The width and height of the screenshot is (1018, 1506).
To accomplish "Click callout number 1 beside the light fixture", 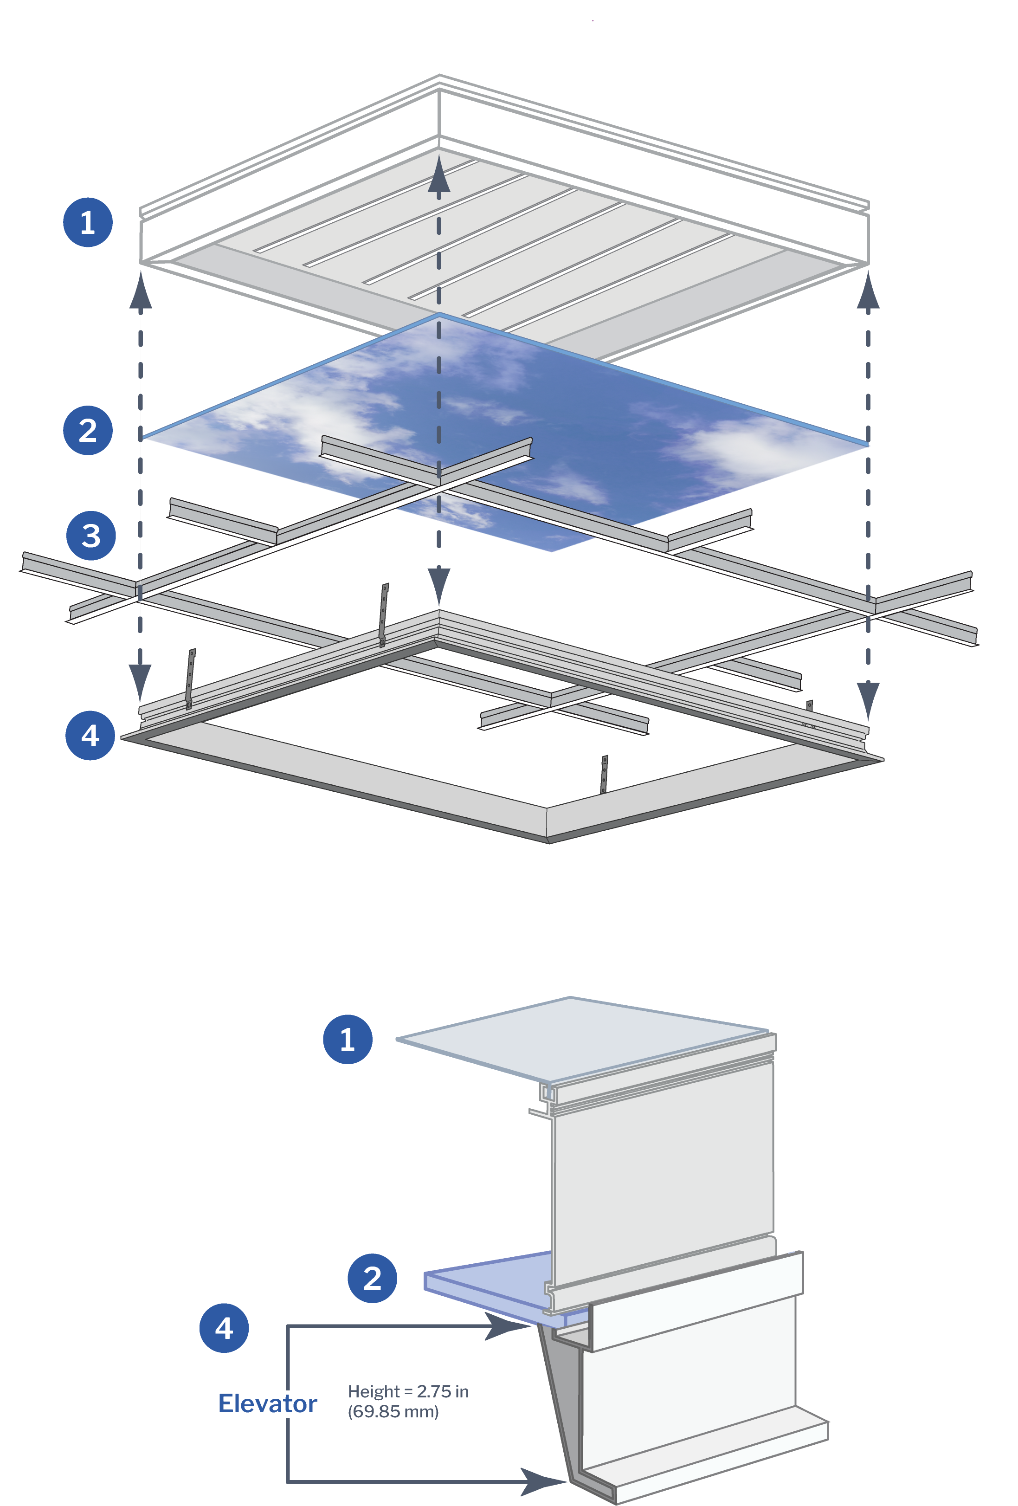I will point(88,222).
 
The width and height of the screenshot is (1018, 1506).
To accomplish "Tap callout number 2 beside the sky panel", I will point(88,430).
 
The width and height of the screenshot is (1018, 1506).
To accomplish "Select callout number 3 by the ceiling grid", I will point(91,535).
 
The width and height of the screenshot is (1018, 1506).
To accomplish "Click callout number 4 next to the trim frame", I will point(90,735).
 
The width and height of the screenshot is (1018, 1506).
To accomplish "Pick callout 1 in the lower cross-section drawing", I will point(348,1039).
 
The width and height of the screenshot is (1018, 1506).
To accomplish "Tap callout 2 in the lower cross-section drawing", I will point(372,1279).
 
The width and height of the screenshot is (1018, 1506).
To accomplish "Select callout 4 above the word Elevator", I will point(224,1328).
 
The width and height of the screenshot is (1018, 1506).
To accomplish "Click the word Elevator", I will point(267,1403).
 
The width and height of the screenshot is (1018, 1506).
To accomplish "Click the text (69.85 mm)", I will point(393,1411).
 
